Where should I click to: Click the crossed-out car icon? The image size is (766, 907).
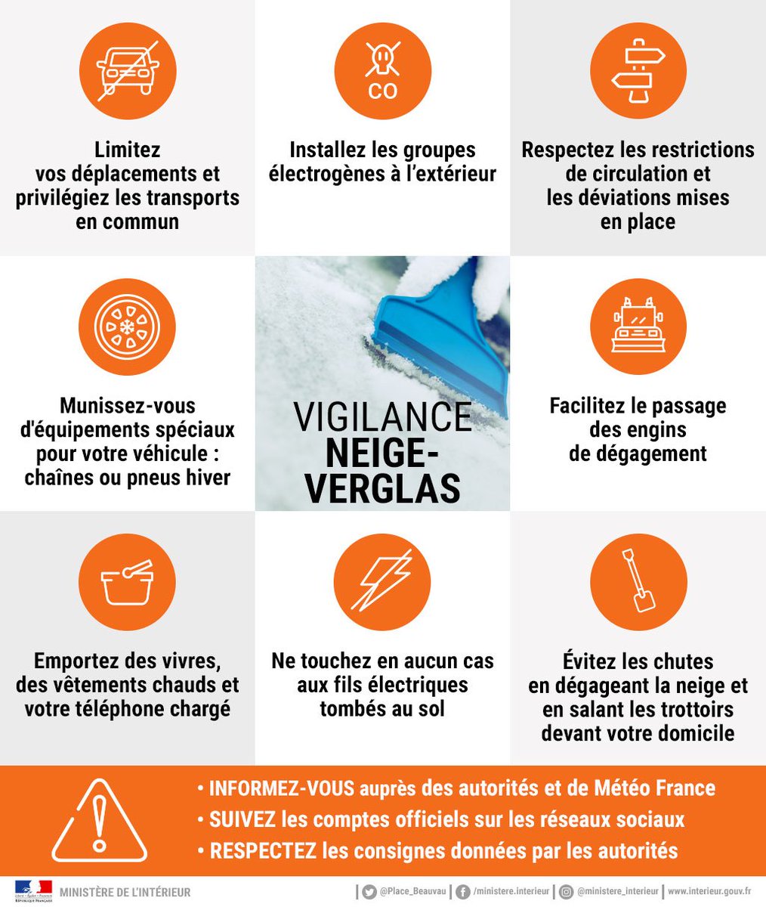pyautogui.click(x=128, y=71)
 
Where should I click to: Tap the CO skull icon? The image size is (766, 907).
pyautogui.click(x=382, y=71)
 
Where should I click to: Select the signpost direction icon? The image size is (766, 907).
pyautogui.click(x=638, y=71)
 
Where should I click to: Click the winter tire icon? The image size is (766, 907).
pyautogui.click(x=128, y=327)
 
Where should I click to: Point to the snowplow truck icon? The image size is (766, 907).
pyautogui.click(x=638, y=327)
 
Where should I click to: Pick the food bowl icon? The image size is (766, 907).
pyautogui.click(x=128, y=582)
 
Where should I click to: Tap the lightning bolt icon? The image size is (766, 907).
pyautogui.click(x=382, y=582)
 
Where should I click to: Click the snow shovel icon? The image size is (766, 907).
pyautogui.click(x=638, y=582)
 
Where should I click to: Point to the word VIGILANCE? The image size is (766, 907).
pyautogui.click(x=382, y=417)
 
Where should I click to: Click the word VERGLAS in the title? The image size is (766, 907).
pyautogui.click(x=382, y=488)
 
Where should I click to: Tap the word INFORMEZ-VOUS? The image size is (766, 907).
pyautogui.click(x=282, y=788)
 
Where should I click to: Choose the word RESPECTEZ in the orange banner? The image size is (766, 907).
pyautogui.click(x=263, y=850)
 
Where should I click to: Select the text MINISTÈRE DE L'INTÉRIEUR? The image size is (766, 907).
pyautogui.click(x=125, y=893)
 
